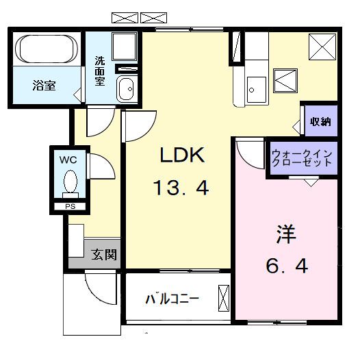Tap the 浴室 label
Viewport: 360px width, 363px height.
[x=44, y=86]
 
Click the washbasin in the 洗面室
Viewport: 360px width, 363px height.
[x=126, y=89]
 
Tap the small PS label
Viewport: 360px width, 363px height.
[x=69, y=206]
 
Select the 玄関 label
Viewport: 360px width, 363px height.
[x=104, y=255]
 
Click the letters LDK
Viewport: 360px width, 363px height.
[x=183, y=157]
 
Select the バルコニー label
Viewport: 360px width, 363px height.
[x=171, y=299]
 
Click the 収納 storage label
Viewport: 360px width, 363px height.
[x=320, y=122]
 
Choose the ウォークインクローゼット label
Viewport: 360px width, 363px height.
[x=302, y=159]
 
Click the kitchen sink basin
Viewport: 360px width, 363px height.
[x=257, y=88]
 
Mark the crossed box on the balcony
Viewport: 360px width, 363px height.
[x=224, y=299]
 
